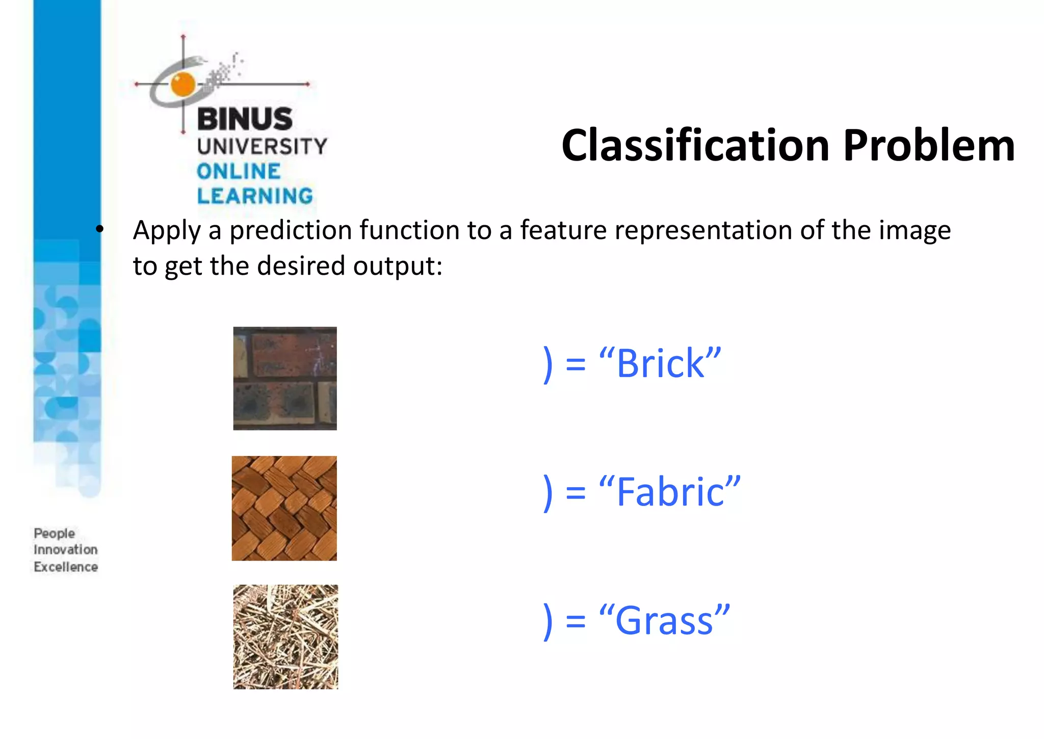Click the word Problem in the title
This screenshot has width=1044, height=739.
click(x=928, y=146)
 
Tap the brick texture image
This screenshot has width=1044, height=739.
click(x=285, y=378)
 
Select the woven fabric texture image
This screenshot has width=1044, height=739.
click(x=284, y=508)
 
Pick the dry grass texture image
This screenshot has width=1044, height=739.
click(x=285, y=637)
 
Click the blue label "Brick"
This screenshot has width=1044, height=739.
click(x=660, y=364)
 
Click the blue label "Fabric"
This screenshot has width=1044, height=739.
click(x=670, y=492)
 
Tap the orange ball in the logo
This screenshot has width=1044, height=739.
click(x=183, y=85)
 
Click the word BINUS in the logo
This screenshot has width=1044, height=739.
click(x=245, y=119)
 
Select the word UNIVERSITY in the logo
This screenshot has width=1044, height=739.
click(x=262, y=147)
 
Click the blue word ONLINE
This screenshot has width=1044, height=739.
click(x=239, y=171)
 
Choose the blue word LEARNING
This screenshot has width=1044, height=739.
click(x=255, y=196)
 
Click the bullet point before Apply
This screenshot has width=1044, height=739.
click(x=99, y=229)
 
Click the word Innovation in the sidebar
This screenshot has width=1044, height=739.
click(x=66, y=550)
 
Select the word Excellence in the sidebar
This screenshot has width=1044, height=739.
click(x=66, y=567)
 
